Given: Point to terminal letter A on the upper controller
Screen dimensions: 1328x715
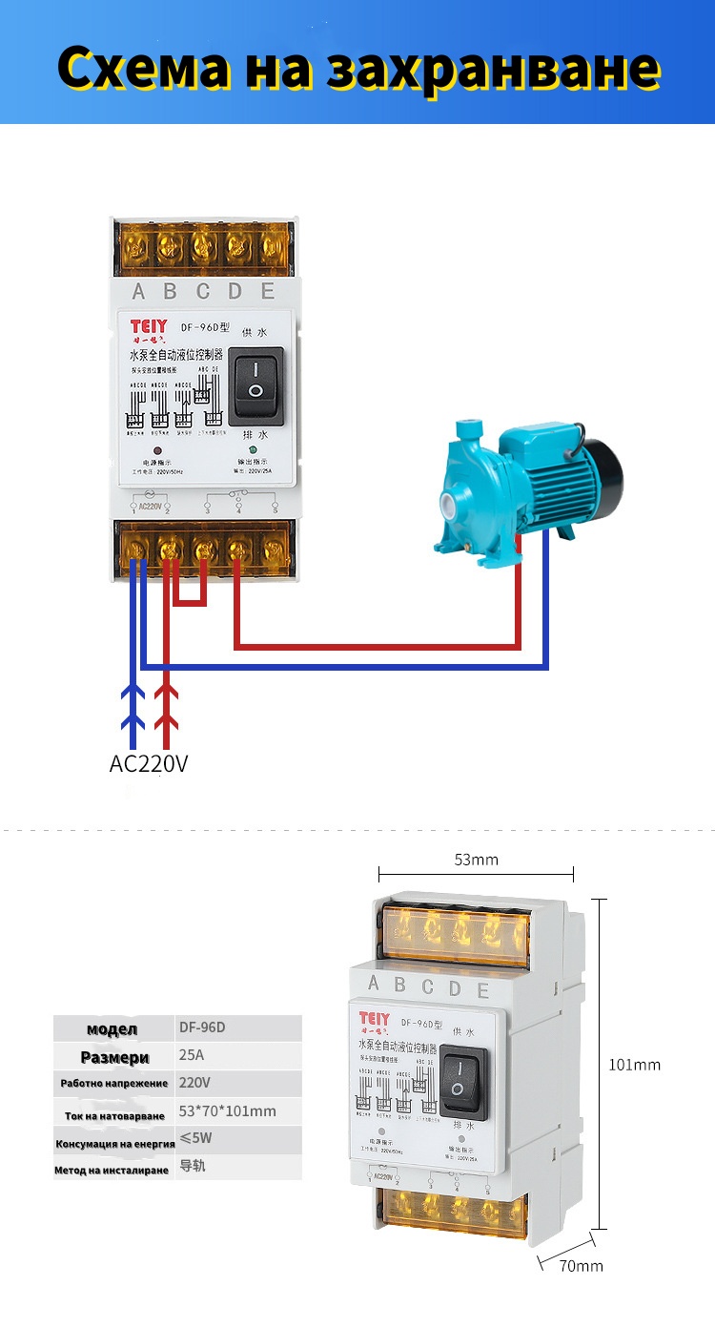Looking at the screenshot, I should [x=139, y=292].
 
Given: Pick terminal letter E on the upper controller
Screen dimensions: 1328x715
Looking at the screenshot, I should [x=268, y=292].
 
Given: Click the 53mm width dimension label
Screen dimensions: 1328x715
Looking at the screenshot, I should [x=476, y=860].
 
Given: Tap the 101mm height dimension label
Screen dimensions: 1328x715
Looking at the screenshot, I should [x=635, y=1065].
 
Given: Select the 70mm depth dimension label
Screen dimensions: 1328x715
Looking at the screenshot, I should [x=581, y=1266].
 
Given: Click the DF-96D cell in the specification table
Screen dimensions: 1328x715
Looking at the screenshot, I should [x=203, y=1028].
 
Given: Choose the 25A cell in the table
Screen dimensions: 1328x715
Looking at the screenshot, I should [x=192, y=1056].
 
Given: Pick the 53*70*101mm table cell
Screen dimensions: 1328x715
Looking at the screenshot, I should [x=227, y=1110].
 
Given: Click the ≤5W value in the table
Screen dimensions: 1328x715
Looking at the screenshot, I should [x=195, y=1138].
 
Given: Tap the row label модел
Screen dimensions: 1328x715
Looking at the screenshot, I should [x=112, y=1029].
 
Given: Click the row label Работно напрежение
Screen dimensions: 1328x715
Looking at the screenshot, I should [x=114, y=1084].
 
